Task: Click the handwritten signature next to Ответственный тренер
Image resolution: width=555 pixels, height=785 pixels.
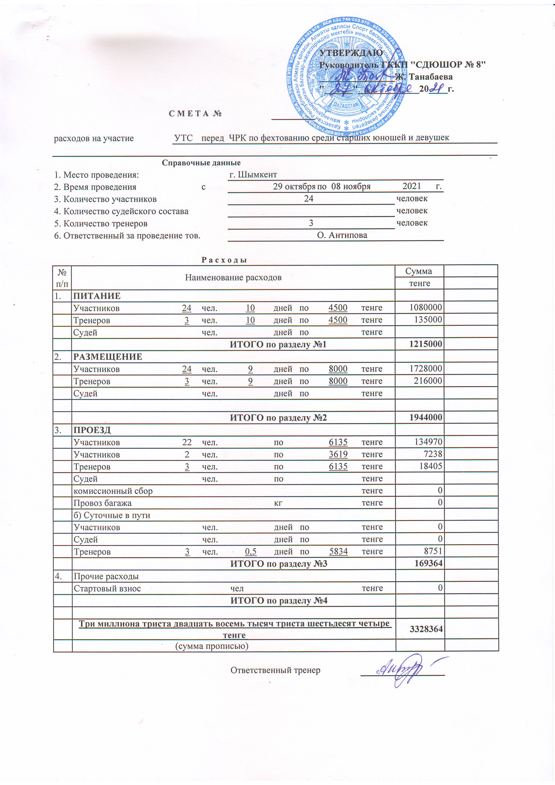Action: pyautogui.click(x=402, y=670)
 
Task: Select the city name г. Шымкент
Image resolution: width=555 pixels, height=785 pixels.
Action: pyautogui.click(x=253, y=175)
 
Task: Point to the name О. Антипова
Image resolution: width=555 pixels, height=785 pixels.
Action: pyautogui.click(x=342, y=235)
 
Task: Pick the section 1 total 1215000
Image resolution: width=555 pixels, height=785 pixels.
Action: pyautogui.click(x=426, y=344)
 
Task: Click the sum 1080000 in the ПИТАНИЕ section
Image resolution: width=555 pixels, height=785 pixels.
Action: pyautogui.click(x=426, y=307)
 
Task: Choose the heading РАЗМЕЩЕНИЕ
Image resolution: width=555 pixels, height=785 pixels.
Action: pyautogui.click(x=108, y=357)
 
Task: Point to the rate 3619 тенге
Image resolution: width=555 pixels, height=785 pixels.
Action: pyautogui.click(x=338, y=454)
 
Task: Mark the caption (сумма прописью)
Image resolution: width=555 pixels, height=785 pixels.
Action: pyautogui.click(x=212, y=646)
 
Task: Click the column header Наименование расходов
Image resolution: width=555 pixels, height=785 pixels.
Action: pyautogui.click(x=233, y=277)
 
